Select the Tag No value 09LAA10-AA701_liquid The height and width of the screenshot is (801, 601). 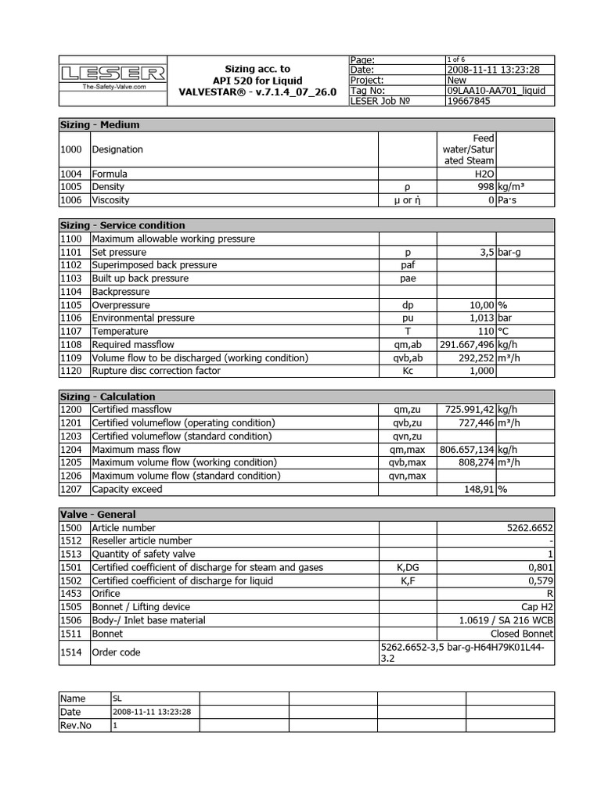pyautogui.click(x=495, y=90)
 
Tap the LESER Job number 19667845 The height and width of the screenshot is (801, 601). pyautogui.click(x=469, y=100)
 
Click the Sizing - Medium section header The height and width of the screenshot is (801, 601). pyautogui.click(x=100, y=124)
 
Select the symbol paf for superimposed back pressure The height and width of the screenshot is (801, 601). pyautogui.click(x=407, y=265)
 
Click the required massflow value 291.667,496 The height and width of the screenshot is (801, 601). pyautogui.click(x=466, y=344)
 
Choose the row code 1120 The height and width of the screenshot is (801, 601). pyautogui.click(x=72, y=371)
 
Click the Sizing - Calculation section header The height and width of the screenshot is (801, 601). pyautogui.click(x=108, y=397)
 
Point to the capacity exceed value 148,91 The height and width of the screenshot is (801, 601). pyautogui.click(x=480, y=489)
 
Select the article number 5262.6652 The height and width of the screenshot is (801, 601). pyautogui.click(x=530, y=528)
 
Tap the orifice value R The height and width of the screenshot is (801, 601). pyautogui.click(x=550, y=594)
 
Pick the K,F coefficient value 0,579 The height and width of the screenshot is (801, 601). pyautogui.click(x=541, y=580)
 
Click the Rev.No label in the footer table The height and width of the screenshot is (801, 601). pyautogui.click(x=76, y=725)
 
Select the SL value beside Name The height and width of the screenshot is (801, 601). pyautogui.click(x=118, y=699)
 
